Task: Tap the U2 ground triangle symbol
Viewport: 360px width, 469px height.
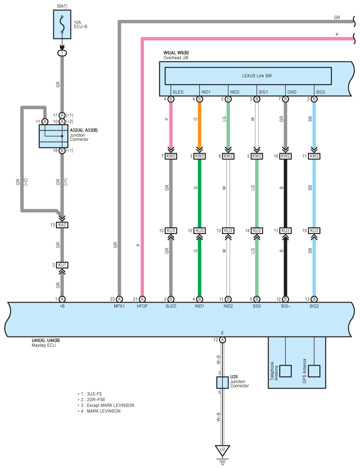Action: coord(222,450)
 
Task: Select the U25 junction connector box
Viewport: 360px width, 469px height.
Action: coord(222,382)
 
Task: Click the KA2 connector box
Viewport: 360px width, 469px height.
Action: coord(62,225)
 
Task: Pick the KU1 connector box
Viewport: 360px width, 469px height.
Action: coord(62,265)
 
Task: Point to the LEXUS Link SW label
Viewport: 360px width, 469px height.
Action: coord(257,76)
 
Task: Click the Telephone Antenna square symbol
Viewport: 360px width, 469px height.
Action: coord(286,371)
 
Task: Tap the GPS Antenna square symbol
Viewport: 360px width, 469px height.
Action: coord(314,371)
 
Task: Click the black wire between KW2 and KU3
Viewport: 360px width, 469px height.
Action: coord(285,194)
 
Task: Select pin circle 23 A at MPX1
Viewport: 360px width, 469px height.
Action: coord(120,299)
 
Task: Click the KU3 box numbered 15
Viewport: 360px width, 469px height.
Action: coord(314,231)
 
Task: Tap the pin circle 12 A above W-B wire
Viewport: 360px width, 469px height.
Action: coord(222,340)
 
